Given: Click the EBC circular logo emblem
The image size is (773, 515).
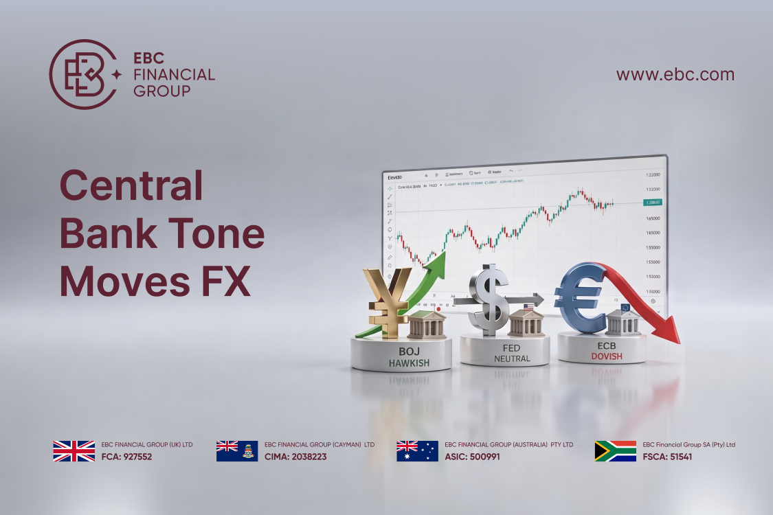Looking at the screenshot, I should tap(81, 74).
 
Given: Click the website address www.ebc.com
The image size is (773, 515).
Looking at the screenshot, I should tap(675, 75).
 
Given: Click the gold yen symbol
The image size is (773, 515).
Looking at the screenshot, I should tap(388, 301).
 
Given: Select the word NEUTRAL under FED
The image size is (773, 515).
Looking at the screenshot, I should tap(512, 358).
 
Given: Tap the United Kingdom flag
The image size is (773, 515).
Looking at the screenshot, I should tap(74, 451).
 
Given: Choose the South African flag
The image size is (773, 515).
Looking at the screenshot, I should tap(615, 451).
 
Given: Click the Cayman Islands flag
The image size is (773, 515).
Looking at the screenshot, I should tap(237, 451).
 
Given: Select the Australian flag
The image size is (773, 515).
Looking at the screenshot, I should tap(417, 451).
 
